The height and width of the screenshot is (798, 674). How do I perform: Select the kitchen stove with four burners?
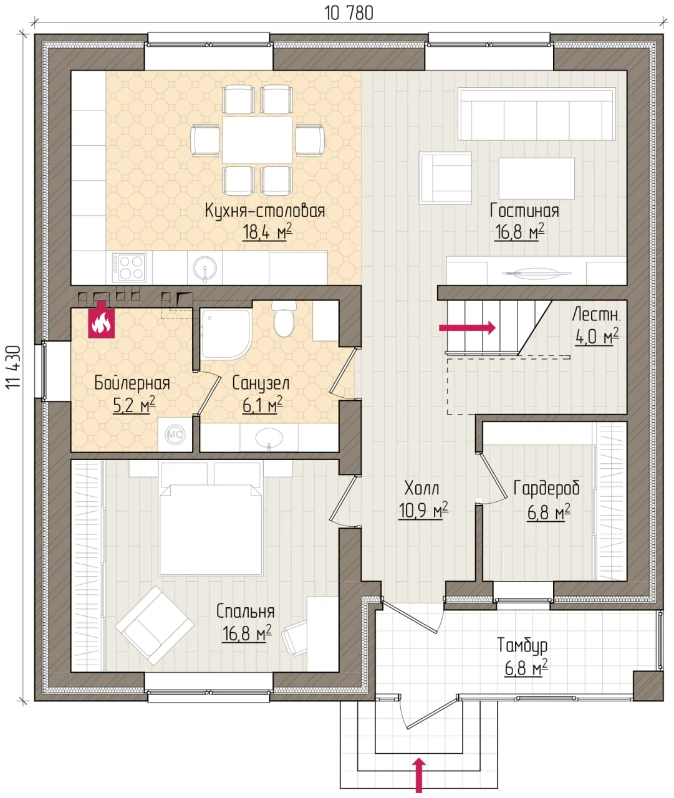[129, 267]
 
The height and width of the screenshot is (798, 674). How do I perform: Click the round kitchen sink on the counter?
[205, 267]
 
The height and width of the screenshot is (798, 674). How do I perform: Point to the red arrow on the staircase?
[467, 327]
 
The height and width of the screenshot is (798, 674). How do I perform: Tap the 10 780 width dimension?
[349, 13]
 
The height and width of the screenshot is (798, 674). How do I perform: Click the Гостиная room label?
[524, 211]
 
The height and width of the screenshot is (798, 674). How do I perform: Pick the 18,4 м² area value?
[267, 231]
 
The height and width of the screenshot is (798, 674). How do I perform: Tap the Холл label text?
[422, 488]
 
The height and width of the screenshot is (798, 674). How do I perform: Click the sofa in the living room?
[537, 114]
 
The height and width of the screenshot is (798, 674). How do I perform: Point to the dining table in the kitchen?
[258, 140]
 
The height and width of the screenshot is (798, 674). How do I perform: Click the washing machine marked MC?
[175, 435]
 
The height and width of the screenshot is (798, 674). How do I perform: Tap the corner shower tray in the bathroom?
[226, 334]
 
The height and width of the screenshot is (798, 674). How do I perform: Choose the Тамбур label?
[522, 645]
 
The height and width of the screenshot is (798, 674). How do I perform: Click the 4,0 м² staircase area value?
[597, 337]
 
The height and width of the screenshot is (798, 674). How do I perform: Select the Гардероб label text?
[546, 489]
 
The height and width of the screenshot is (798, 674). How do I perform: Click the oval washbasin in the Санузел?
[269, 437]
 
